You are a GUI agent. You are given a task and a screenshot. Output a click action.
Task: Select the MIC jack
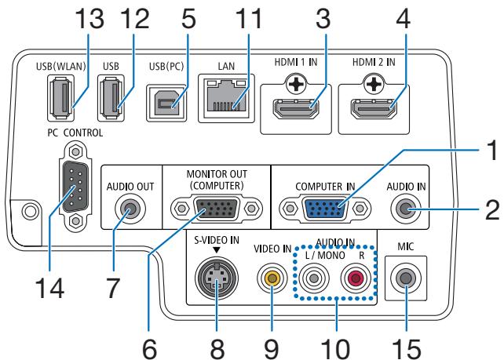(405, 299)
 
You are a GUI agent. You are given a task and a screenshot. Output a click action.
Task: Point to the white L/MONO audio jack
(317, 299)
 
